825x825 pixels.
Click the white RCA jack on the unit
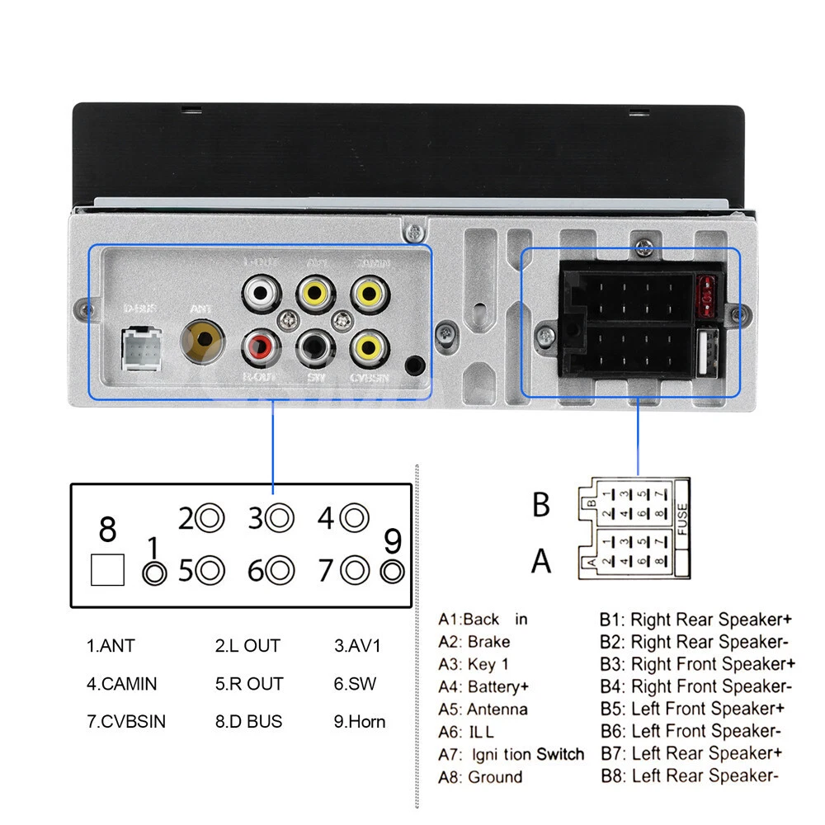coord(260,292)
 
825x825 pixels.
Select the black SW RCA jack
coord(313,346)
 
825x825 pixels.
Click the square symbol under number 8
coord(106,569)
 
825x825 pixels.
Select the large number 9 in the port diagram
coord(393,542)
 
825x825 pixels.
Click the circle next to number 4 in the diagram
coord(355,518)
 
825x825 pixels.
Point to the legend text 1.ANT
coord(111,646)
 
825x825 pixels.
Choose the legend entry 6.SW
coord(356,684)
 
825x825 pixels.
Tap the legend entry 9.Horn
coord(360,721)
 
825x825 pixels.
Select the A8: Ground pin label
coord(480,776)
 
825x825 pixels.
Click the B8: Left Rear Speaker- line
coord(689,775)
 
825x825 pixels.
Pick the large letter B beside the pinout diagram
coord(540,504)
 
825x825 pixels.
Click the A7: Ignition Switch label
coord(511,754)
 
